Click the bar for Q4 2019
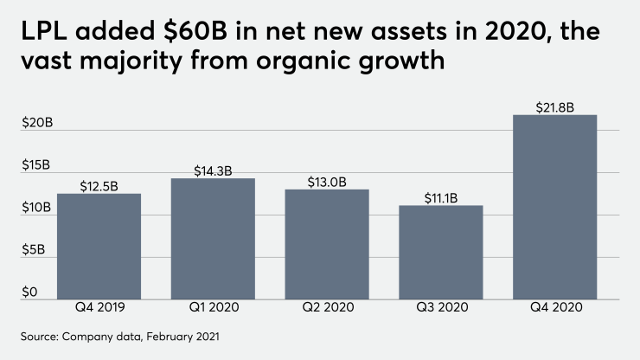99,247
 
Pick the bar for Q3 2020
441,253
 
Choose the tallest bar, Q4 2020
555,208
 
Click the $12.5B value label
99,185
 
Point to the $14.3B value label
213,170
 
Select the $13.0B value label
327,182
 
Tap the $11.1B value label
441,198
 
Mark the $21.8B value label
555,107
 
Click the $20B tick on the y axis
37,123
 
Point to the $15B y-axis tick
37,165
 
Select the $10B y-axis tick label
37,208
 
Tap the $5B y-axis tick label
34,250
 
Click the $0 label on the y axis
30,292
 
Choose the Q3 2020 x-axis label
441,308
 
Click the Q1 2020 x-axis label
213,308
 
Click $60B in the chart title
201,35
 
